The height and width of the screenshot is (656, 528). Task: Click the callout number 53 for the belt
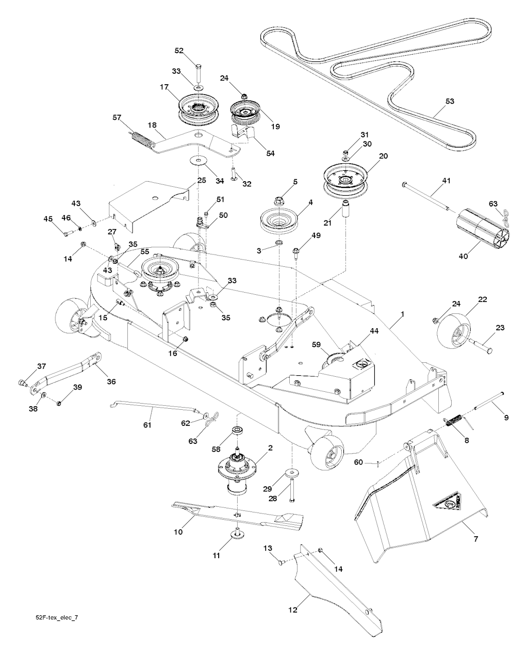450,101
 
